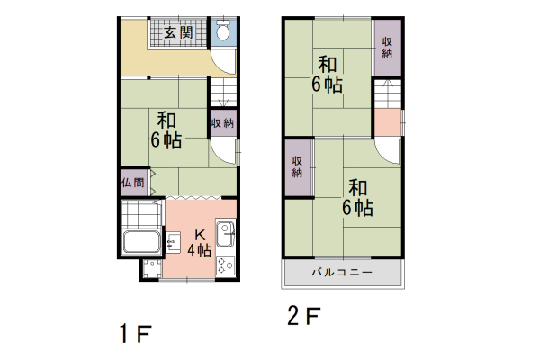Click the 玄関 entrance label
(x=178, y=32)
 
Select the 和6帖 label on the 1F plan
(x=166, y=130)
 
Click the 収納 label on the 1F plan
(x=222, y=122)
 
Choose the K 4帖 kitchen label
(x=200, y=243)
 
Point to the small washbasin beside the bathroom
(x=173, y=242)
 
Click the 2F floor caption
(x=303, y=317)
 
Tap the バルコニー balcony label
(x=341, y=271)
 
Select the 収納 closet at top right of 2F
(x=387, y=48)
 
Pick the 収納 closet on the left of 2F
(x=297, y=166)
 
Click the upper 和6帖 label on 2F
(x=327, y=75)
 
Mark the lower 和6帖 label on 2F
(x=357, y=197)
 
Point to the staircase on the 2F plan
(x=387, y=93)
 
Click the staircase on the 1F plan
(x=222, y=94)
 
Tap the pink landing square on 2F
(x=387, y=121)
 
